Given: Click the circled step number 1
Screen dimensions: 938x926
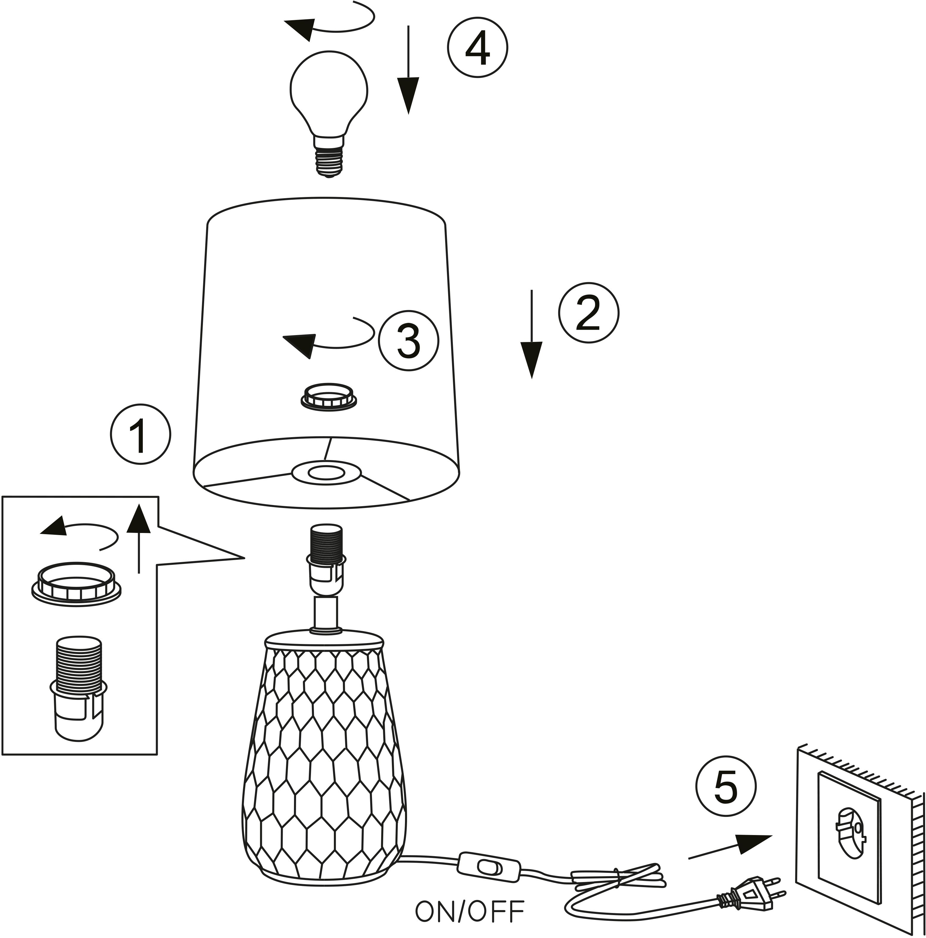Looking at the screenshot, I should (140, 434).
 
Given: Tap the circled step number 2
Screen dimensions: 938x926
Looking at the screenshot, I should (589, 313).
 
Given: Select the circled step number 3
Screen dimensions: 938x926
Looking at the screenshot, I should (408, 340).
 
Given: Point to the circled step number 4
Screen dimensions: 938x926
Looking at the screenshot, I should (477, 48).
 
